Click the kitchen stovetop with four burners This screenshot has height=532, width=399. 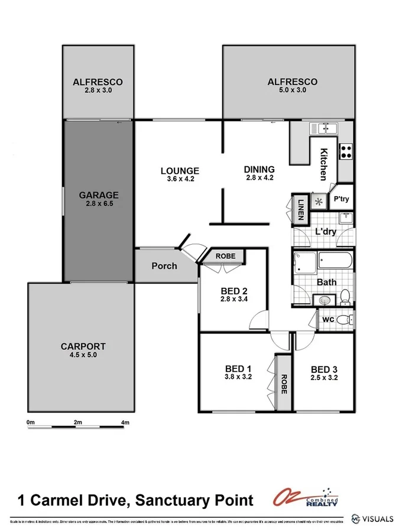346,151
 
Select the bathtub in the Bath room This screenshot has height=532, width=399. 335,261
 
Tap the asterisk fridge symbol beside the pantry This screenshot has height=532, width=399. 320,201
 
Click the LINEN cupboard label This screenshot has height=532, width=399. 300,208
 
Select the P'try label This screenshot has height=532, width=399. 342,200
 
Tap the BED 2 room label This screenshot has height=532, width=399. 233,291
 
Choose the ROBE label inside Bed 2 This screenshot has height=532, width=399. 225,256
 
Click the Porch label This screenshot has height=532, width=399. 164,265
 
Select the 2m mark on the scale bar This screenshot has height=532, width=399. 77,422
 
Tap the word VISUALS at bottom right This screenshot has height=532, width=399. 379,518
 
